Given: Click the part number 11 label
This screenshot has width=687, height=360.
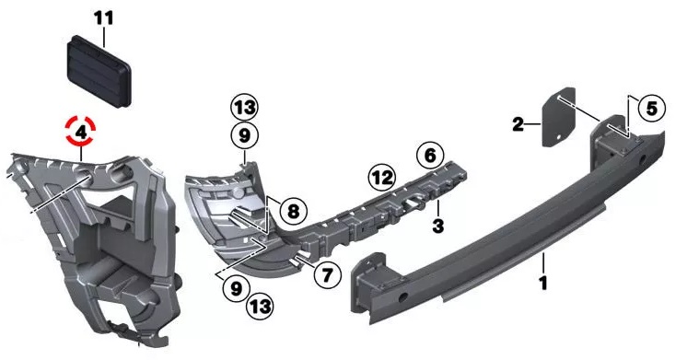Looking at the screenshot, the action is [x=104, y=18].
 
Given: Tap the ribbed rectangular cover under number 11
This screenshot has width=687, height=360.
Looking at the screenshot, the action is [x=99, y=71].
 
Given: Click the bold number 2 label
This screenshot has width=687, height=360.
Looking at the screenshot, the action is [x=518, y=125].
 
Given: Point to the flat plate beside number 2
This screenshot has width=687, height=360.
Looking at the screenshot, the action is [x=559, y=117].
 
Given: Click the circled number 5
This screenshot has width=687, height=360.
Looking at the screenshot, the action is [x=651, y=108].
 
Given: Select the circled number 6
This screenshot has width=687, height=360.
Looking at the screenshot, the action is [x=430, y=155].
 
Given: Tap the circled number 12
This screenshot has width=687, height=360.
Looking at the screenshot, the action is [x=382, y=178].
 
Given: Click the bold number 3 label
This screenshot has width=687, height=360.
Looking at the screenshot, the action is [x=437, y=226].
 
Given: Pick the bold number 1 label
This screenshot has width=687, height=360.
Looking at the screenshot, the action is [x=543, y=284].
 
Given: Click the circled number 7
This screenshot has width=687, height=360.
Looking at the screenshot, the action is [x=327, y=274].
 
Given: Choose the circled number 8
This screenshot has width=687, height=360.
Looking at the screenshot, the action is [x=293, y=212].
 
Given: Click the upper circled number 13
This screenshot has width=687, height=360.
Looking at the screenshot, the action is [x=244, y=108].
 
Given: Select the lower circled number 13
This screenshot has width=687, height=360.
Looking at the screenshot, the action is [x=260, y=306].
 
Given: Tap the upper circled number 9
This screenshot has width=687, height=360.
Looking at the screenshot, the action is [x=244, y=135].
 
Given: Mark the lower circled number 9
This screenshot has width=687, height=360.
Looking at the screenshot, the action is [x=236, y=288].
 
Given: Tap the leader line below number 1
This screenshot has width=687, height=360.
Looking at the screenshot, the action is [x=543, y=262].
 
